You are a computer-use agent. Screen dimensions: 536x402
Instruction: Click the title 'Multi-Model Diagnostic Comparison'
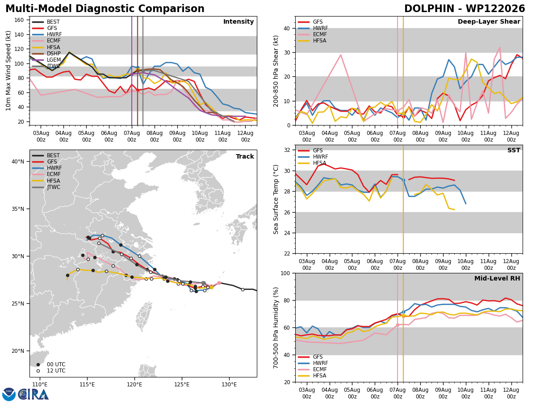click(105, 9)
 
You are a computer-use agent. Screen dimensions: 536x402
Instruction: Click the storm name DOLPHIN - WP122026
click(465, 9)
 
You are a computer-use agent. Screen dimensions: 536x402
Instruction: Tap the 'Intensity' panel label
click(239, 22)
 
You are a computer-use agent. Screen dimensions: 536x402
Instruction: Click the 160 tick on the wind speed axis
click(19, 20)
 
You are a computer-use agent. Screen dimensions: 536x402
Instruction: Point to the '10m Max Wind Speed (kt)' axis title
click(8, 71)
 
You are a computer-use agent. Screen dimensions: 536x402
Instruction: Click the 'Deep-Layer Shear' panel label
click(489, 22)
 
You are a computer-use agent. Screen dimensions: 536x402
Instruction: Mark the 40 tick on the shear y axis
click(287, 28)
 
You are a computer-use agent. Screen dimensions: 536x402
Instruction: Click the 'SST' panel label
click(514, 150)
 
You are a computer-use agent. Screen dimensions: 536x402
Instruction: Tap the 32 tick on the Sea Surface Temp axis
click(287, 150)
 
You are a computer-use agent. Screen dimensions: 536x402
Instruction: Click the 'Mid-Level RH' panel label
click(497, 278)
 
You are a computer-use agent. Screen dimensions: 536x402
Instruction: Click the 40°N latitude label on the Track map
click(18, 162)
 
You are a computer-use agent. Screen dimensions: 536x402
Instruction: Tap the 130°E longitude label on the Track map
click(229, 385)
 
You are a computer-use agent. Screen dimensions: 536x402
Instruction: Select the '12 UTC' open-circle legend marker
click(38, 371)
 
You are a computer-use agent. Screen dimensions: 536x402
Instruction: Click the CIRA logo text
click(33, 394)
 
